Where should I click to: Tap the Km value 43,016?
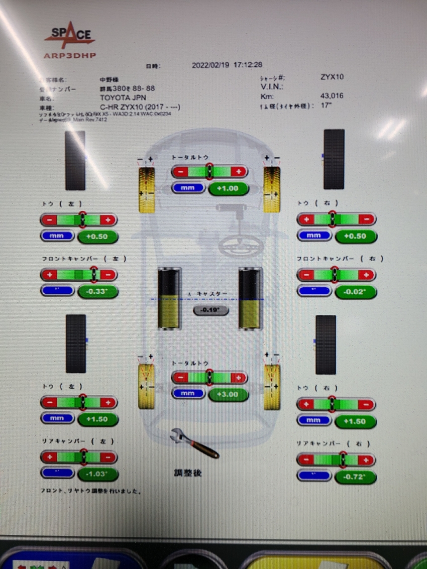click(332, 96)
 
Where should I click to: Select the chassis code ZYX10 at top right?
click(332, 77)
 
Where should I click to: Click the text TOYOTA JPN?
click(123, 97)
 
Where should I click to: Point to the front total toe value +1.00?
click(229, 188)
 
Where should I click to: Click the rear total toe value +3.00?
click(229, 394)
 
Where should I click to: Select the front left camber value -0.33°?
click(97, 291)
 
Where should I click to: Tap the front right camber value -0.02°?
click(355, 292)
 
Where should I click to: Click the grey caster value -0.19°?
click(211, 310)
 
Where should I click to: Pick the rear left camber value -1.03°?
click(97, 473)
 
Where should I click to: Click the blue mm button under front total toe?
click(188, 188)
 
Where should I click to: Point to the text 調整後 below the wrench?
click(188, 473)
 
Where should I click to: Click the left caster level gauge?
click(169, 298)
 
